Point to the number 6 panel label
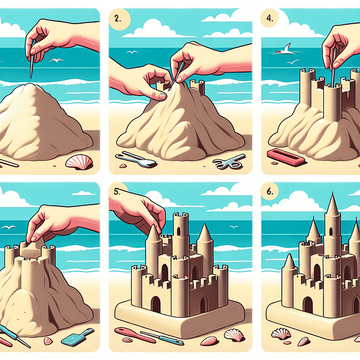pyautogui.click(x=269, y=191)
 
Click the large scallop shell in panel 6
pyautogui.click(x=281, y=334)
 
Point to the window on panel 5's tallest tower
pyautogui.click(x=179, y=230)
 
